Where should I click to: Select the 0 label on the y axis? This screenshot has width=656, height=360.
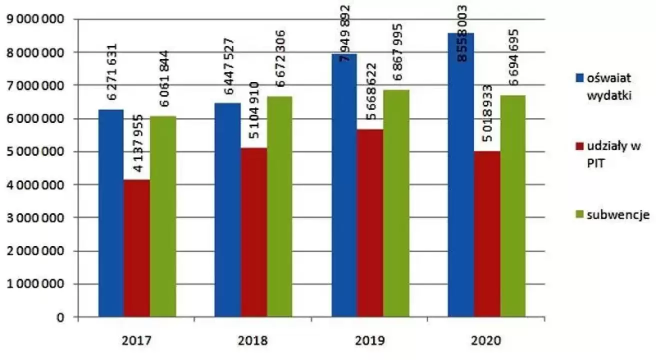coord(60,317)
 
